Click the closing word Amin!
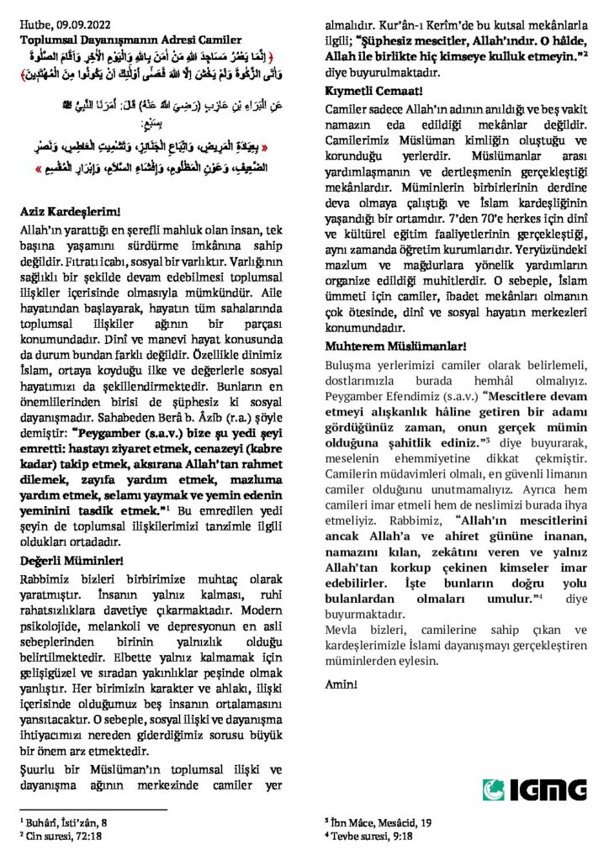(342, 682)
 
